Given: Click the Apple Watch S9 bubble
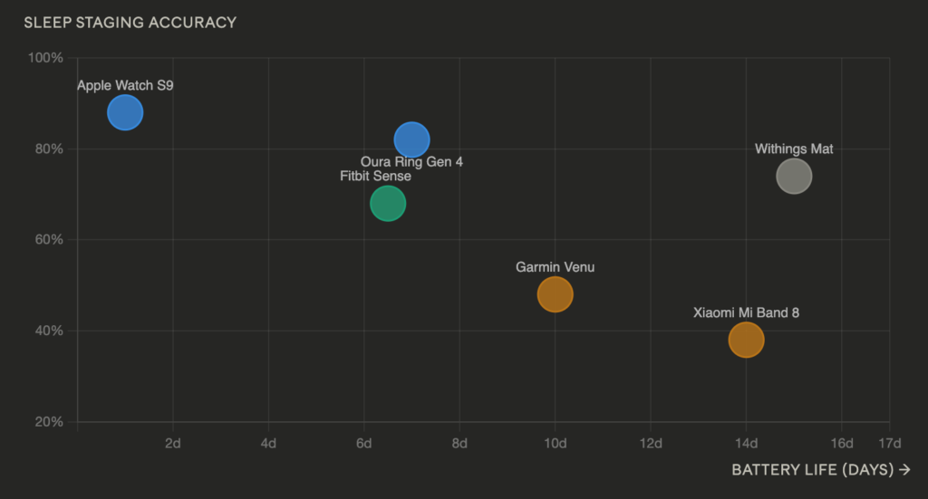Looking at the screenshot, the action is tap(125, 112).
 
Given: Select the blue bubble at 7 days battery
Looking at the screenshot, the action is tap(412, 139).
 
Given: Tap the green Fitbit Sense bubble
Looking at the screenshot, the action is tap(388, 204).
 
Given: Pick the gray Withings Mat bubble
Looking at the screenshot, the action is tap(794, 177).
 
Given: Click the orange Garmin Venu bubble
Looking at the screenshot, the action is tap(556, 294).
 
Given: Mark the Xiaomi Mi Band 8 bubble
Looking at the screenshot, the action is tap(747, 340).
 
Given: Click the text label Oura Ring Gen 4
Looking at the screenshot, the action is tap(412, 162).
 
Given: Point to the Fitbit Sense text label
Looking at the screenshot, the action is tap(375, 177).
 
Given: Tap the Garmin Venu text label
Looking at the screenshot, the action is tap(556, 267).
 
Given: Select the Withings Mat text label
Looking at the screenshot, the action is tap(794, 149).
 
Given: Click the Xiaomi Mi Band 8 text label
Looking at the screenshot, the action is tap(747, 312).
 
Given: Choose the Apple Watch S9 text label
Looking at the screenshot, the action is tap(125, 86).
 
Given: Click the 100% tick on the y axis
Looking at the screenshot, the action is tap(45, 58).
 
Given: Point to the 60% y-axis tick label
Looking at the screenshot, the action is tap(49, 239).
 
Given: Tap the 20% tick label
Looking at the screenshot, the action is tap(49, 422).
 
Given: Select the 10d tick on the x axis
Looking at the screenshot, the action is tap(556, 444).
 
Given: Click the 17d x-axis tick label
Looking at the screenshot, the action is tap(890, 444).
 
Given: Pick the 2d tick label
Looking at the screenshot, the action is tap(173, 444).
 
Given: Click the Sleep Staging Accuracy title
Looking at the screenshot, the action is tap(130, 23).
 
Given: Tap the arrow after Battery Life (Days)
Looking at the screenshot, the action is tap(904, 469).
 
